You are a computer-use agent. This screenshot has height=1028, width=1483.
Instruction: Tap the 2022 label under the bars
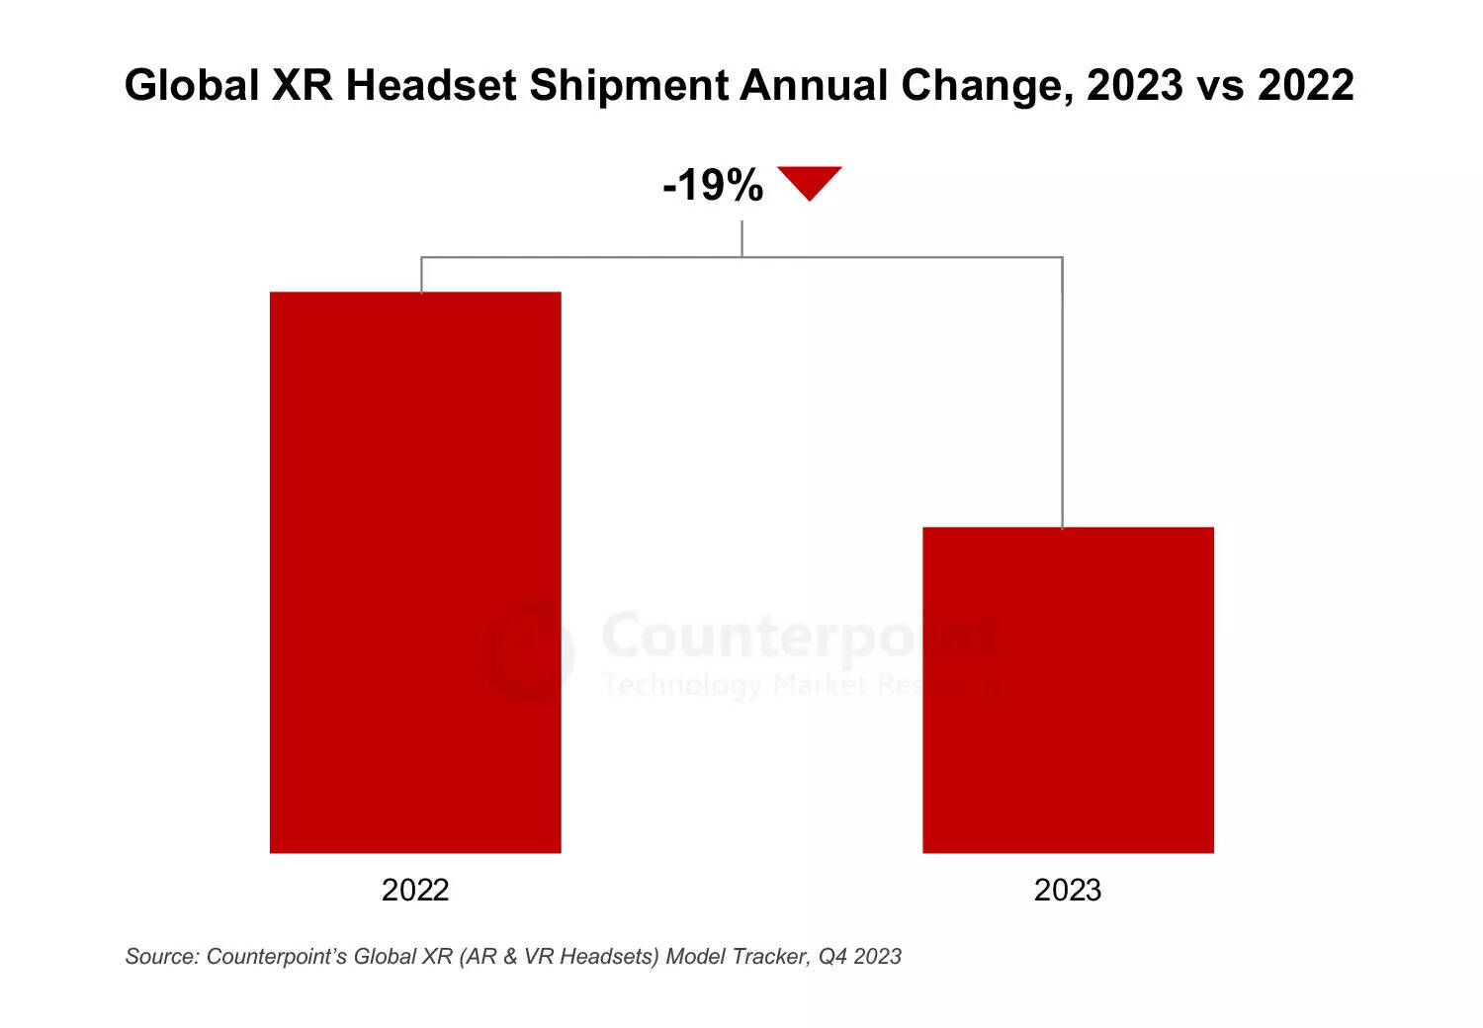415,890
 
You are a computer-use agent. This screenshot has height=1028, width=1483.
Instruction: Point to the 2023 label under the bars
1068,890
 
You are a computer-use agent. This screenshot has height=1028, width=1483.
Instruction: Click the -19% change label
713,185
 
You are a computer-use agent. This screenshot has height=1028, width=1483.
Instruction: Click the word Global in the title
192,85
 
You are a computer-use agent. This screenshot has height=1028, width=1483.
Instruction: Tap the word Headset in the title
431,85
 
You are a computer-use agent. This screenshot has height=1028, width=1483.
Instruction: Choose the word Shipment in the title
629,87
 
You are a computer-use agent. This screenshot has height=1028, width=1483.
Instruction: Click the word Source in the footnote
161,956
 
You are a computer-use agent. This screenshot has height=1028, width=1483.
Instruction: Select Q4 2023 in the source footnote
859,956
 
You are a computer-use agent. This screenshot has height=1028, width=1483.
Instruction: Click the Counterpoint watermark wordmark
799,635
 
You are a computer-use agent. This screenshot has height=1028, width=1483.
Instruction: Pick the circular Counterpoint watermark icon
528,650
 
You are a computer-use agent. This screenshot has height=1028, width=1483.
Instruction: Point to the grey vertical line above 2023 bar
1063,395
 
